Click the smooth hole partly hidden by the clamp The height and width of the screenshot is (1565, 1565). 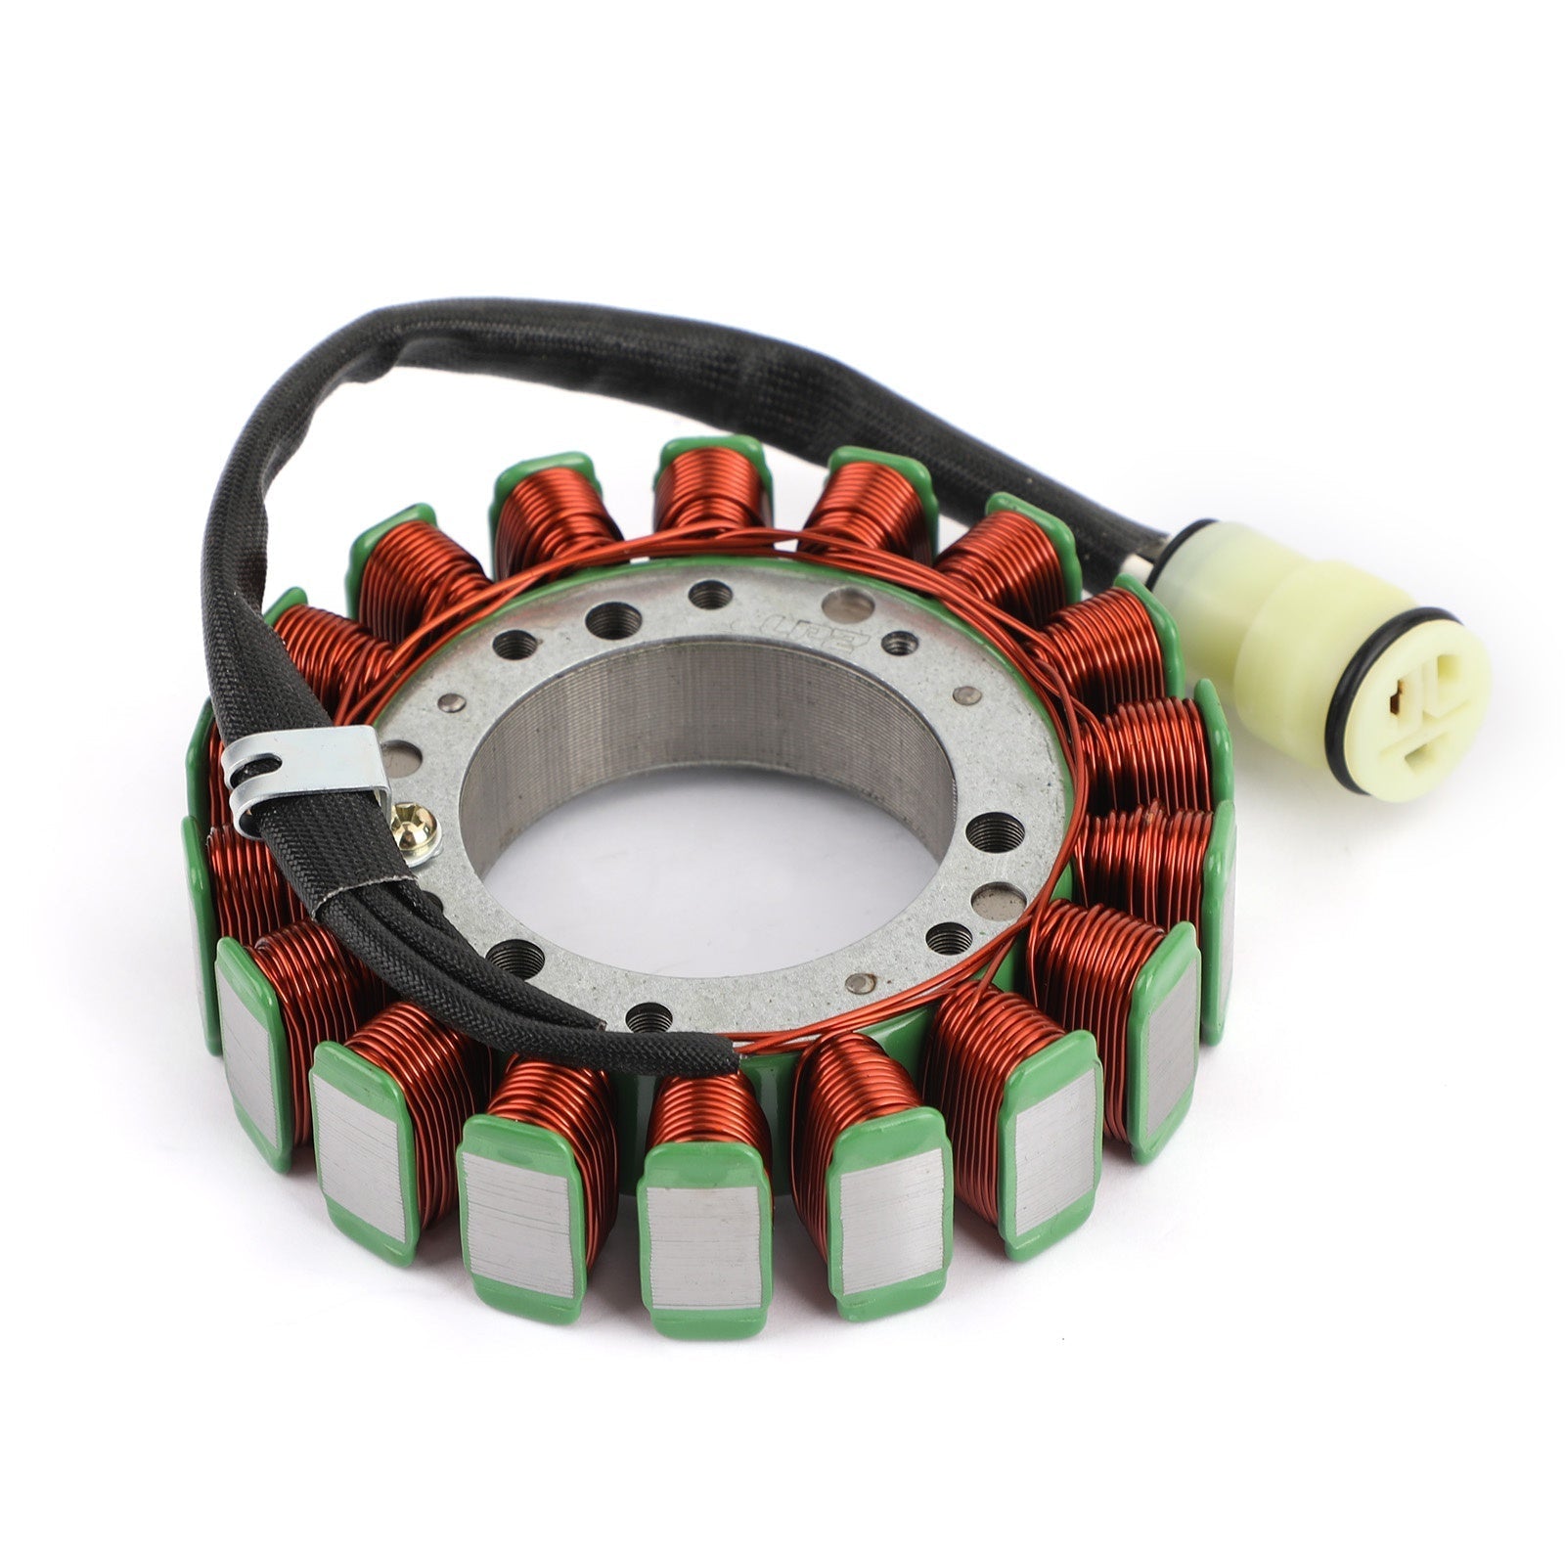pos(396,756)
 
